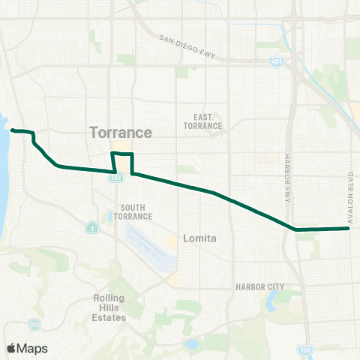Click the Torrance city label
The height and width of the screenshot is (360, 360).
121,133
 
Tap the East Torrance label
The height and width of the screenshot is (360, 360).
208,121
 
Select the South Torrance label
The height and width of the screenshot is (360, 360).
133,211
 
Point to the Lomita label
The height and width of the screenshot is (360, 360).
200,238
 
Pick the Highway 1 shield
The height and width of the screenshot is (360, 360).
91,227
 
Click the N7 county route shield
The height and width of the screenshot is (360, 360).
34,324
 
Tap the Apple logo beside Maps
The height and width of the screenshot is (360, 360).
11,348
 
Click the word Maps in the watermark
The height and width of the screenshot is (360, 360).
33,348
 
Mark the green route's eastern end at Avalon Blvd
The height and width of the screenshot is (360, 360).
349,228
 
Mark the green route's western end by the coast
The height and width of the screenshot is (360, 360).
12,130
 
